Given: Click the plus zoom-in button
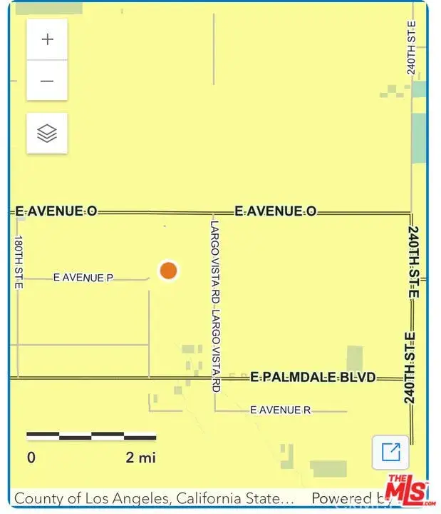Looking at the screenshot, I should pyautogui.click(x=47, y=39).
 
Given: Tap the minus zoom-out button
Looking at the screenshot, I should pyautogui.click(x=47, y=81).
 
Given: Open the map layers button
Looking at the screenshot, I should pyautogui.click(x=47, y=133).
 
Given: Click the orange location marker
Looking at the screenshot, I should pyautogui.click(x=168, y=271).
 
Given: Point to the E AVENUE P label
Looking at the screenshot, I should pyautogui.click(x=83, y=278).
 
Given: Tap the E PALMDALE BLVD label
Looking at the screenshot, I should pyautogui.click(x=313, y=377).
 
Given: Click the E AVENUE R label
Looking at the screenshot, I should pyautogui.click(x=281, y=410).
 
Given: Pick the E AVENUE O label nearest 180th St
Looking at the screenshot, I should pyautogui.click(x=56, y=211).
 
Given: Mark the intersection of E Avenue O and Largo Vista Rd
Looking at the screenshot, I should pyautogui.click(x=214, y=212).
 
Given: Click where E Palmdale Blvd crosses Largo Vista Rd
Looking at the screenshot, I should pyautogui.click(x=214, y=377).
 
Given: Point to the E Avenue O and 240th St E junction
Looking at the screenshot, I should pyautogui.click(x=411, y=212).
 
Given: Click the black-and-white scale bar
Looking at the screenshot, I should pyautogui.click(x=91, y=435).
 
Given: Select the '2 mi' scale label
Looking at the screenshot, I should pyautogui.click(x=140, y=458).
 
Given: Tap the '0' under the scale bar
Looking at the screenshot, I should pyautogui.click(x=31, y=458).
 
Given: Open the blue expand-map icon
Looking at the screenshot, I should pyautogui.click(x=390, y=453).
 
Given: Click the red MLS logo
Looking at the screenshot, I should pyautogui.click(x=407, y=490).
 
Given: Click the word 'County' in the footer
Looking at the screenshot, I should pyautogui.click(x=38, y=498).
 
